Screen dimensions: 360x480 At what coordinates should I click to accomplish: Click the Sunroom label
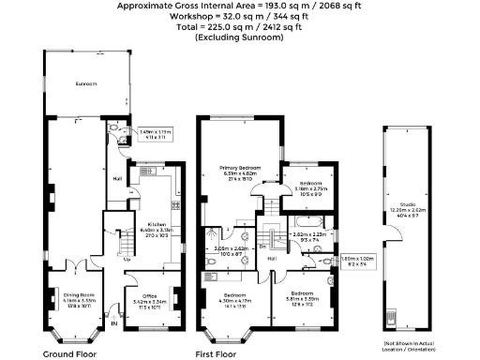[x=87, y=82]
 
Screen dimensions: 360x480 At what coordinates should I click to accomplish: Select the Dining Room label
[x=66, y=294]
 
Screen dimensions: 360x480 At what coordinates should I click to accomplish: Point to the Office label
[x=147, y=296]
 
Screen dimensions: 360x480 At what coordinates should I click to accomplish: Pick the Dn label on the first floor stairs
[x=262, y=247]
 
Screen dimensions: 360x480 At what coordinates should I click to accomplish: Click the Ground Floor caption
[x=71, y=354]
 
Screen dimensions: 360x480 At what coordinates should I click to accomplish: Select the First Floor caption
[x=217, y=354]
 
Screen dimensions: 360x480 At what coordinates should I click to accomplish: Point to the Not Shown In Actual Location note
[x=410, y=344]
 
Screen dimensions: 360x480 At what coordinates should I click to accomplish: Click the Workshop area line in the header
[x=240, y=16]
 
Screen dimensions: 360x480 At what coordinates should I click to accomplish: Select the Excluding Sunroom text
[x=240, y=37]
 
